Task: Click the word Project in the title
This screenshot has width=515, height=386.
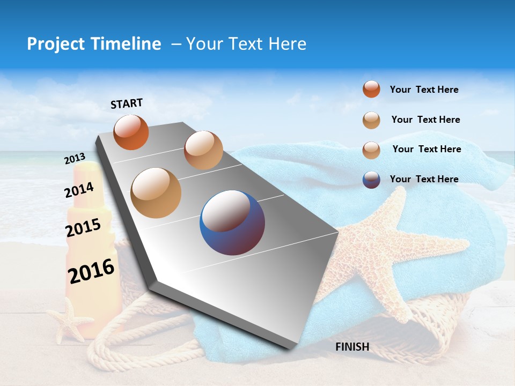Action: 56,44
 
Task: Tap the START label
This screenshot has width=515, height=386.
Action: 127,103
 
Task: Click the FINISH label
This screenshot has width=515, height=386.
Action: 352,347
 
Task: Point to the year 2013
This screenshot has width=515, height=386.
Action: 75,159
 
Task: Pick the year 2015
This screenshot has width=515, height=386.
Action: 83,228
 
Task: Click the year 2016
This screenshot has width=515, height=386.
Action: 91,271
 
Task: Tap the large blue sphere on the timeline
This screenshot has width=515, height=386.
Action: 232,222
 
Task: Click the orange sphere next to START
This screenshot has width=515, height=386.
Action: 131,132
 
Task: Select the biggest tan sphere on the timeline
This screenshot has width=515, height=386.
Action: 156,192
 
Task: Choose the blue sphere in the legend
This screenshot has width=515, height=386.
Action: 371,180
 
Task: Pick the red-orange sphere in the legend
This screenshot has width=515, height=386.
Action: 371,89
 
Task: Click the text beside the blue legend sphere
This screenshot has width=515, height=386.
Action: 424,179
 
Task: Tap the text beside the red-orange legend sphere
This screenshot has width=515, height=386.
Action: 424,90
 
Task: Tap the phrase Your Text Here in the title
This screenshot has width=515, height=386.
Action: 246,44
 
